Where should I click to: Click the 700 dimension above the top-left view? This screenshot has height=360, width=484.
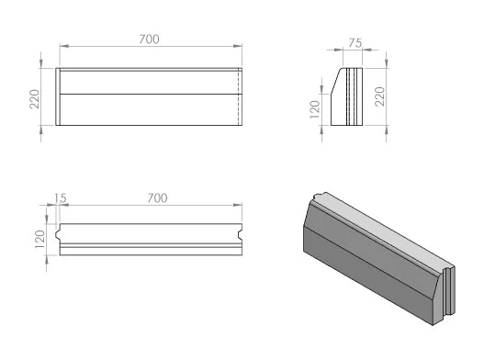(x=149, y=39)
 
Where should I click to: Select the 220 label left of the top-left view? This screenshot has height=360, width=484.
(x=35, y=99)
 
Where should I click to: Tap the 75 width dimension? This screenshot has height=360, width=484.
(x=355, y=43)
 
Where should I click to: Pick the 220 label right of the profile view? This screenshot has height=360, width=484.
(x=380, y=96)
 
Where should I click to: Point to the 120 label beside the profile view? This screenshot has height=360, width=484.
(x=314, y=109)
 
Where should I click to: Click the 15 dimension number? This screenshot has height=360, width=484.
(x=61, y=198)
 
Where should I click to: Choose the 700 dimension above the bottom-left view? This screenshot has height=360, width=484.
(x=157, y=198)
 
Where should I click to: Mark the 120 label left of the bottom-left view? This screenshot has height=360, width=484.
(x=39, y=240)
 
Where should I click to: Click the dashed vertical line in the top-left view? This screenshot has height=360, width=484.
(x=238, y=96)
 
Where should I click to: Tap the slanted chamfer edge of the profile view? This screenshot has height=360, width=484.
(x=336, y=81)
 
